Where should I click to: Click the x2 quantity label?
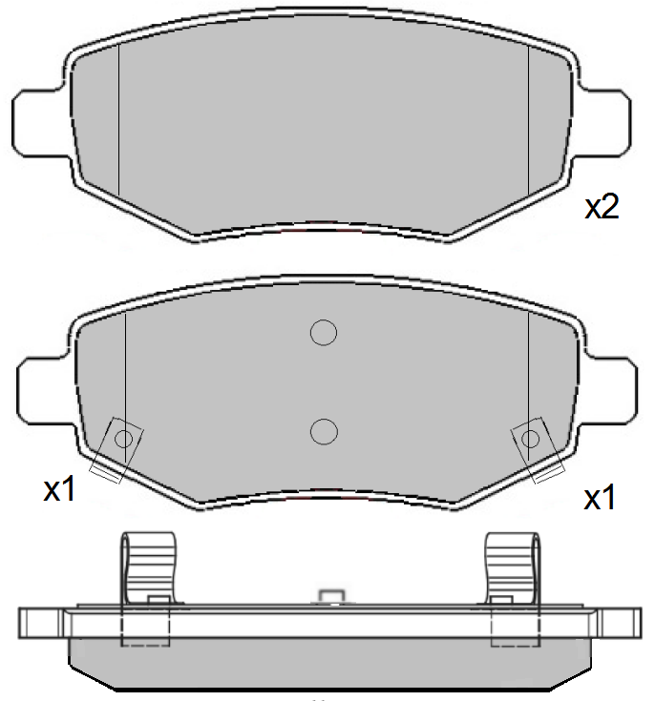tap(602, 207)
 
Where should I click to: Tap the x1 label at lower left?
tap(59, 488)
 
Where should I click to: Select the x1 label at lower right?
tap(600, 497)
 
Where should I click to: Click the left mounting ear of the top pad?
tap(40, 124)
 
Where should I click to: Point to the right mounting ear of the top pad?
tap(602, 124)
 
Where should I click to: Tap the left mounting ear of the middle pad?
tap(46, 391)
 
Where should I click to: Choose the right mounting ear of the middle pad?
tap(608, 391)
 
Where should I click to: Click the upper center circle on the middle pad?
tap(324, 333)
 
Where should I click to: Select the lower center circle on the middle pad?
tap(324, 431)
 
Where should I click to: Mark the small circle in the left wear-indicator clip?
tap(123, 439)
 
